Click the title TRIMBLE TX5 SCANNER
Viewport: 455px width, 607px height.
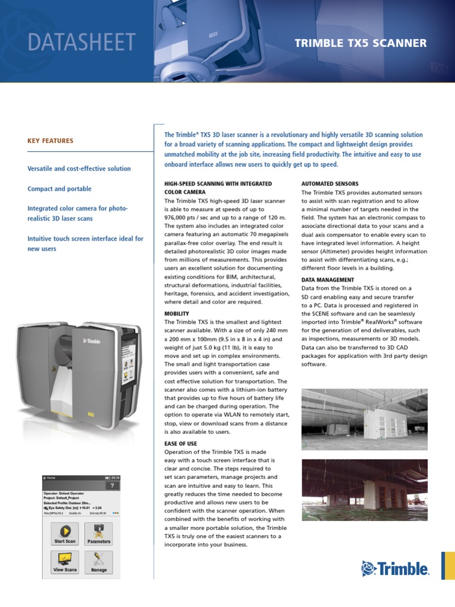pyautogui.click(x=360, y=43)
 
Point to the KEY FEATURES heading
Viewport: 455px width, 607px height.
pyautogui.click(x=50, y=141)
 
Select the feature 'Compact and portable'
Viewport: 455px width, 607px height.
pyautogui.click(x=59, y=189)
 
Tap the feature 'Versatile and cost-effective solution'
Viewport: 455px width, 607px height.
pyautogui.click(x=79, y=168)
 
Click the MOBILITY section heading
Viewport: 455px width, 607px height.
pyautogui.click(x=177, y=313)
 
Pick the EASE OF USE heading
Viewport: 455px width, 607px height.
pyautogui.click(x=180, y=443)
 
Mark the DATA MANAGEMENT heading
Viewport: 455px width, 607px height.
pyautogui.click(x=328, y=280)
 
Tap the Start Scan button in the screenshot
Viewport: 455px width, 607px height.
pyautogui.click(x=65, y=533)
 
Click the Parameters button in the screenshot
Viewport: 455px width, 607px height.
pyautogui.click(x=99, y=533)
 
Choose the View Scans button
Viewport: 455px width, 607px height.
pyautogui.click(x=65, y=561)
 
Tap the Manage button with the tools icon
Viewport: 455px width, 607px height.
pyautogui.click(x=99, y=561)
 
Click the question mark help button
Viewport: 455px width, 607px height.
pyautogui.click(x=111, y=485)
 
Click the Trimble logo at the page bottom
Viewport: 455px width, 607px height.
pyautogui.click(x=395, y=569)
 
